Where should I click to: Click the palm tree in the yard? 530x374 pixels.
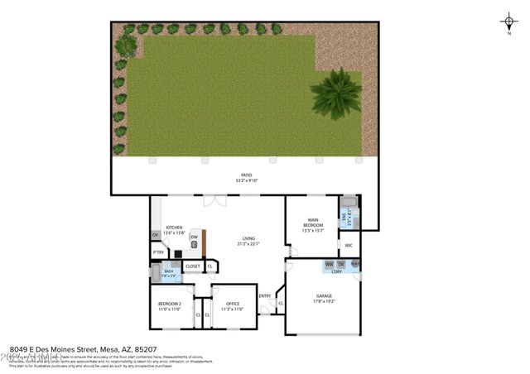(335, 93)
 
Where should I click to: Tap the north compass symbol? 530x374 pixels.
(508, 22)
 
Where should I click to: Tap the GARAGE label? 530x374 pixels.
(323, 297)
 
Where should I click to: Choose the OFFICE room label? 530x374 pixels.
(233, 305)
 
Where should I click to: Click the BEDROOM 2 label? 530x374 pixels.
(169, 305)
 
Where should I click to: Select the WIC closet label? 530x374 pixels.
(349, 246)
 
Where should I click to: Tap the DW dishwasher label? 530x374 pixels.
(194, 237)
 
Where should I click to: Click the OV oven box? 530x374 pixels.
(155, 235)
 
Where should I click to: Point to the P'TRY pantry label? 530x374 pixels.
(157, 252)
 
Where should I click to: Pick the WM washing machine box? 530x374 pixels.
(329, 264)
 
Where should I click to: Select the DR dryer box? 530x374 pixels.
(340, 264)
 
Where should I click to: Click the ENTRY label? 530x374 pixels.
(265, 296)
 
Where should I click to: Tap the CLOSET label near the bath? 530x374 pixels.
(192, 266)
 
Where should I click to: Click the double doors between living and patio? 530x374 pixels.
(214, 199)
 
